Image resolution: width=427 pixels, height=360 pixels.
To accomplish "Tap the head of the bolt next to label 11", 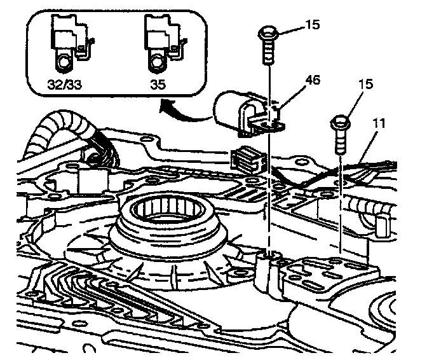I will (x=339, y=121).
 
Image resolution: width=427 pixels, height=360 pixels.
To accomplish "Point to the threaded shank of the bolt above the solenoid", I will (x=269, y=52).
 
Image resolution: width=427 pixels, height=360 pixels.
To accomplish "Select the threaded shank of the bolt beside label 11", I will (x=340, y=142).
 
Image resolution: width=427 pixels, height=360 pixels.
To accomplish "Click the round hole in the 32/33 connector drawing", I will (x=63, y=62).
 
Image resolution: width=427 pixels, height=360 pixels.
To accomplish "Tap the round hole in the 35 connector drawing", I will (x=154, y=62).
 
